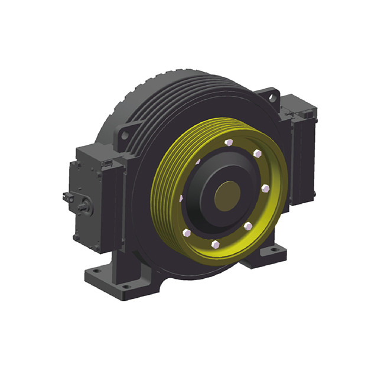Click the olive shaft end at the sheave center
227,196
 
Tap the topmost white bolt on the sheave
228,142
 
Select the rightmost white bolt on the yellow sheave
265,188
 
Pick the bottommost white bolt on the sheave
215,244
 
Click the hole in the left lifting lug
125,135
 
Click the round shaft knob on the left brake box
85,205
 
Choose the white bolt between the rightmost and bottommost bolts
249,226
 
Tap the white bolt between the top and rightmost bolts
257,154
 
